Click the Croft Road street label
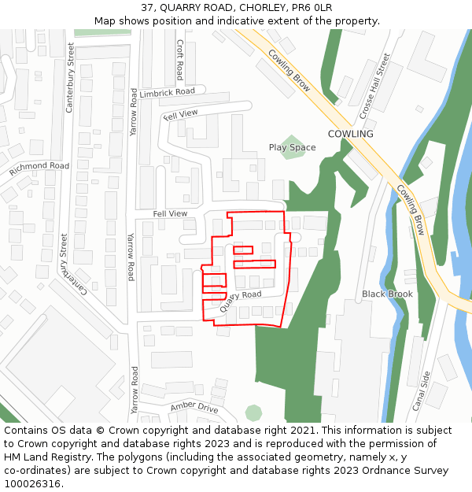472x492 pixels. coord(179,60)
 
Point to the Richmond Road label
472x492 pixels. coord(39,167)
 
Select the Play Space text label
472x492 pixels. coord(292,147)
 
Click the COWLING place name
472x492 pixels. coord(350,134)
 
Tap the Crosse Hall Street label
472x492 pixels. coord(374,87)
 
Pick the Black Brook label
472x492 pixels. coord(387,294)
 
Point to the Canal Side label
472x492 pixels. coord(422,390)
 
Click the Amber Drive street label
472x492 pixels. coord(194,408)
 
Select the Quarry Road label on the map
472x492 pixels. coord(240,301)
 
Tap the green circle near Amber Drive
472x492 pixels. coord(253,412)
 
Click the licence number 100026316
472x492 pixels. coord(34,484)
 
